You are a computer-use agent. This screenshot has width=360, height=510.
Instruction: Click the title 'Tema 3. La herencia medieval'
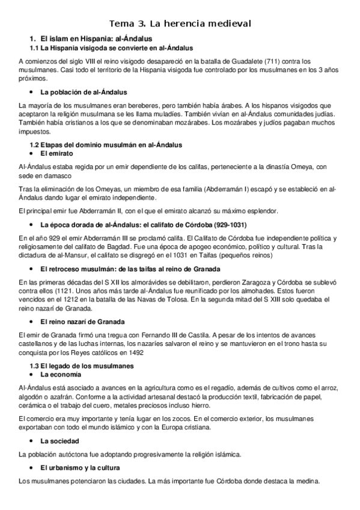[x=180, y=23]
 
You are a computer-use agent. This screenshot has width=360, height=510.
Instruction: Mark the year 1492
[x=133, y=352]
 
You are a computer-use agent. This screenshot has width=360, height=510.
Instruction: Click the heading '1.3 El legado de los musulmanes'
[x=82, y=366]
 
